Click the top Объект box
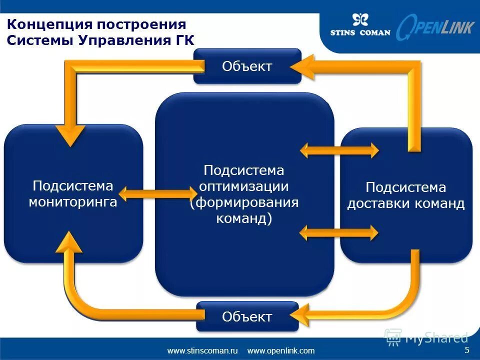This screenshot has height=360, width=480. click(x=247, y=66)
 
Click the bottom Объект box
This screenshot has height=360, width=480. click(x=247, y=316)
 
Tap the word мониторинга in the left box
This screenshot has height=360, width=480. click(x=73, y=202)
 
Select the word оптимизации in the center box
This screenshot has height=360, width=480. click(x=244, y=186)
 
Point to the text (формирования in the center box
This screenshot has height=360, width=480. click(x=244, y=202)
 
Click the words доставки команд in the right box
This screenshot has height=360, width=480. click(x=406, y=203)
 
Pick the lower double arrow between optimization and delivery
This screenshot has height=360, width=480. click(x=339, y=231)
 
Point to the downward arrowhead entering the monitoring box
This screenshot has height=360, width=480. click(x=70, y=134)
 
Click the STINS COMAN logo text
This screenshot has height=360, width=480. click(x=360, y=33)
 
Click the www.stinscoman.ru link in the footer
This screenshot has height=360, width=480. click(x=202, y=350)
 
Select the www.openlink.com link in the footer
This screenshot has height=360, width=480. click(x=281, y=350)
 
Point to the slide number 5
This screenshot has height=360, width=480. click(x=466, y=349)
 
